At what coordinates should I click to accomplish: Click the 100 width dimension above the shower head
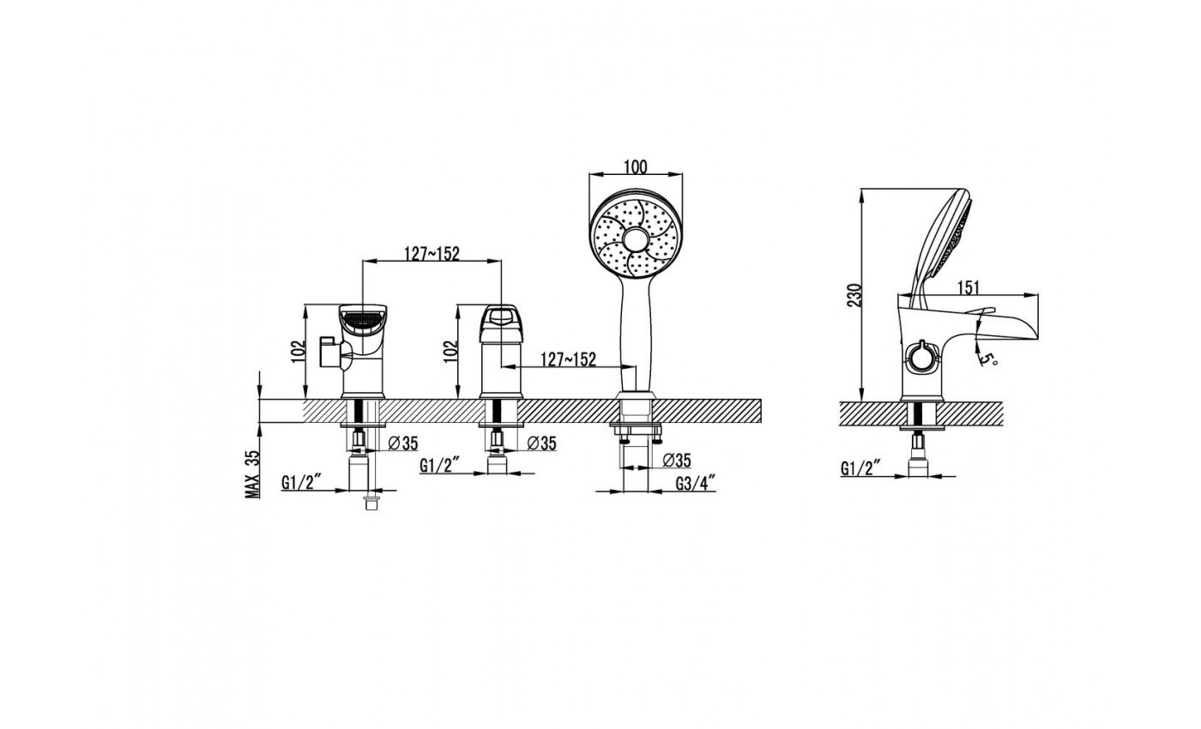click(x=636, y=166)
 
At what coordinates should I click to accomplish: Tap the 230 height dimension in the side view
click(x=855, y=295)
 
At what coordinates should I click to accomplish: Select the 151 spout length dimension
click(x=968, y=288)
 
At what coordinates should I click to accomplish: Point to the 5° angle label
click(x=987, y=358)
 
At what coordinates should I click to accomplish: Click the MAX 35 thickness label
click(x=252, y=473)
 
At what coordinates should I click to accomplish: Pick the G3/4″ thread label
click(x=696, y=484)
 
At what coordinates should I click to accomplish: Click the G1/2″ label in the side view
click(x=860, y=468)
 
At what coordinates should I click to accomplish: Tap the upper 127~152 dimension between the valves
click(x=432, y=254)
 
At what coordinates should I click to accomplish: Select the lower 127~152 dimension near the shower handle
click(x=568, y=359)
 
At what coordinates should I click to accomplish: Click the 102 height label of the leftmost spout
click(x=299, y=352)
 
